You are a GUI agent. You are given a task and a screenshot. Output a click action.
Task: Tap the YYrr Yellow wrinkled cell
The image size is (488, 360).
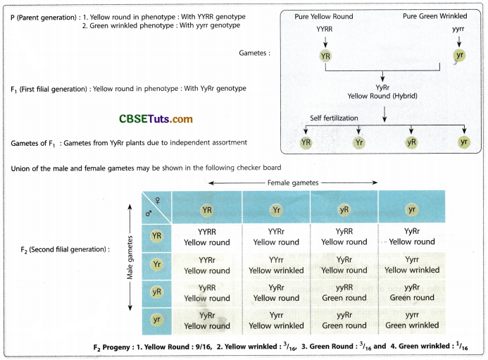(276, 264)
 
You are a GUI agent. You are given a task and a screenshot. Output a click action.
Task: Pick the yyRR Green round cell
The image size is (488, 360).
(345, 292)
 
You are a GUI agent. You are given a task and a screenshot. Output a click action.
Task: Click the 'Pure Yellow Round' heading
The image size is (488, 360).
(324, 16)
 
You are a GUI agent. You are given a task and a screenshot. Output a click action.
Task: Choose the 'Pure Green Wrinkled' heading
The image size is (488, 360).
(434, 16)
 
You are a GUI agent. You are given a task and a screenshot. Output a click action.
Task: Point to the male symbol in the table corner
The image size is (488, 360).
(149, 211)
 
